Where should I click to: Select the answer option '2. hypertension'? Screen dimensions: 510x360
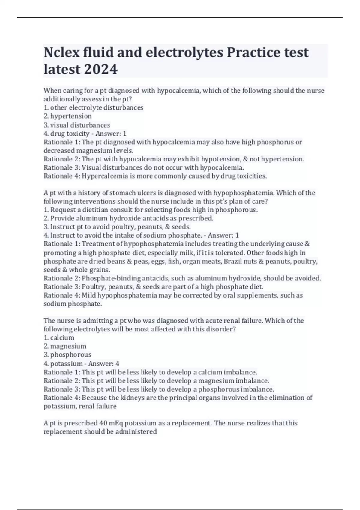(x=68, y=116)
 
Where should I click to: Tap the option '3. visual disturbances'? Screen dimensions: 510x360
(x=77, y=125)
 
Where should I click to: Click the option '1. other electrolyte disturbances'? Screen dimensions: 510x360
(x=94, y=107)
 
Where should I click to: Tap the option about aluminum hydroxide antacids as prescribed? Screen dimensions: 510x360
(x=128, y=218)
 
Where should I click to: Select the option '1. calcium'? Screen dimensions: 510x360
(x=59, y=338)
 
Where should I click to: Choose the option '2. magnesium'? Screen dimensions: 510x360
(x=65, y=346)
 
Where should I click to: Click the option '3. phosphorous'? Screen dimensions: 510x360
(x=67, y=355)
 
